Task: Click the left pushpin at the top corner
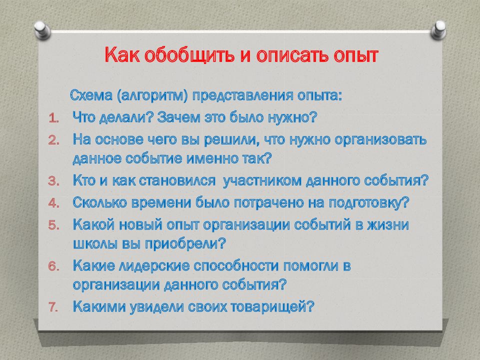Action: (x=42, y=30)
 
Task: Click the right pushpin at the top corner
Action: (x=438, y=30)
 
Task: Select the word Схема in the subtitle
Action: (x=91, y=95)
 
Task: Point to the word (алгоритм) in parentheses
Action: (x=152, y=96)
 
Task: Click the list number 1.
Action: (x=53, y=118)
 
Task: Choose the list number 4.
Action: (x=53, y=203)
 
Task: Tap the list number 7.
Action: (x=53, y=307)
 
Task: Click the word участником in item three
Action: (x=262, y=181)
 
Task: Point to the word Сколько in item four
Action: (x=100, y=202)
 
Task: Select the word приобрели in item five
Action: (x=185, y=244)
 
